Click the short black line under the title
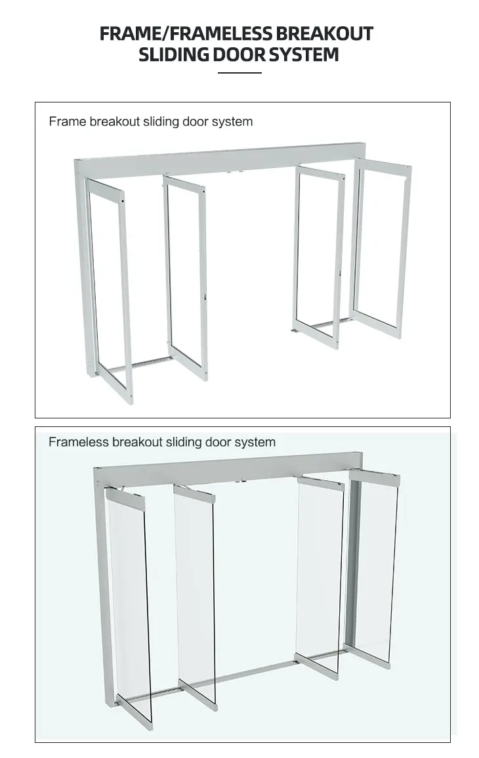click(x=239, y=72)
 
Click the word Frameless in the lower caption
click(x=78, y=442)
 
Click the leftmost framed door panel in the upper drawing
click(x=110, y=289)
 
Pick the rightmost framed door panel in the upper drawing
click(x=383, y=246)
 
